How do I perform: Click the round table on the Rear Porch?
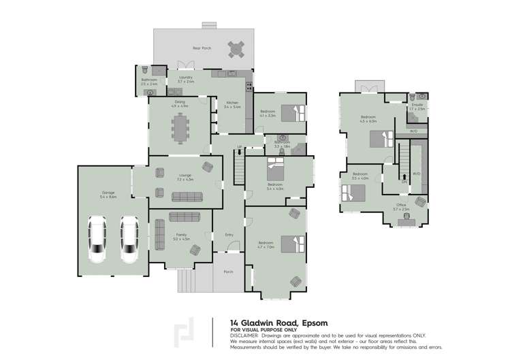click(x=236, y=49)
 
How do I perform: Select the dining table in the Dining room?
click(x=181, y=127)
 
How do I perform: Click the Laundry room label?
click(x=186, y=78)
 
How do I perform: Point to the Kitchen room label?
click(x=232, y=103)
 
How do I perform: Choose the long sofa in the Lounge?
click(x=187, y=197)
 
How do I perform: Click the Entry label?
click(x=229, y=235)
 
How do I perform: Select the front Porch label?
click(x=228, y=272)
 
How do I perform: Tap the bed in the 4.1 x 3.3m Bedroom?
click(x=288, y=112)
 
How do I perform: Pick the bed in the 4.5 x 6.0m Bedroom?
click(x=380, y=140)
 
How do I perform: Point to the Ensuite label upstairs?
click(x=417, y=104)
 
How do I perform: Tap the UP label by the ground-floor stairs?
click(x=240, y=148)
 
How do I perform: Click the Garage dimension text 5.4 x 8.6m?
click(x=108, y=197)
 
